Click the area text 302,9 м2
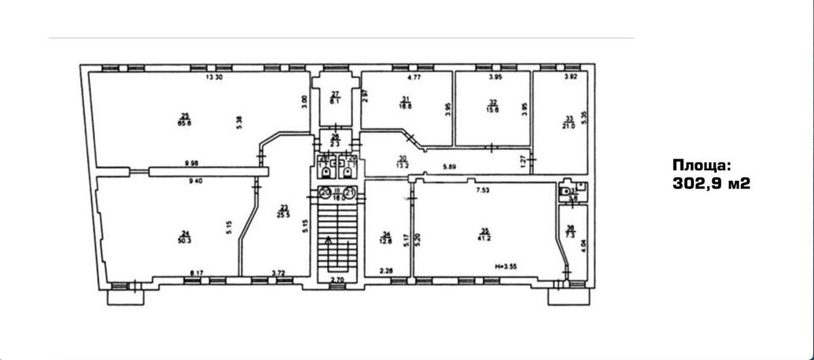[x=711, y=183]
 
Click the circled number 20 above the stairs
[x=326, y=193]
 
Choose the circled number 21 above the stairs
[x=349, y=193]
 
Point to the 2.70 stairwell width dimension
[x=337, y=279]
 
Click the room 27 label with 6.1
[x=335, y=97]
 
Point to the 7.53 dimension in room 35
[x=483, y=191]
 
